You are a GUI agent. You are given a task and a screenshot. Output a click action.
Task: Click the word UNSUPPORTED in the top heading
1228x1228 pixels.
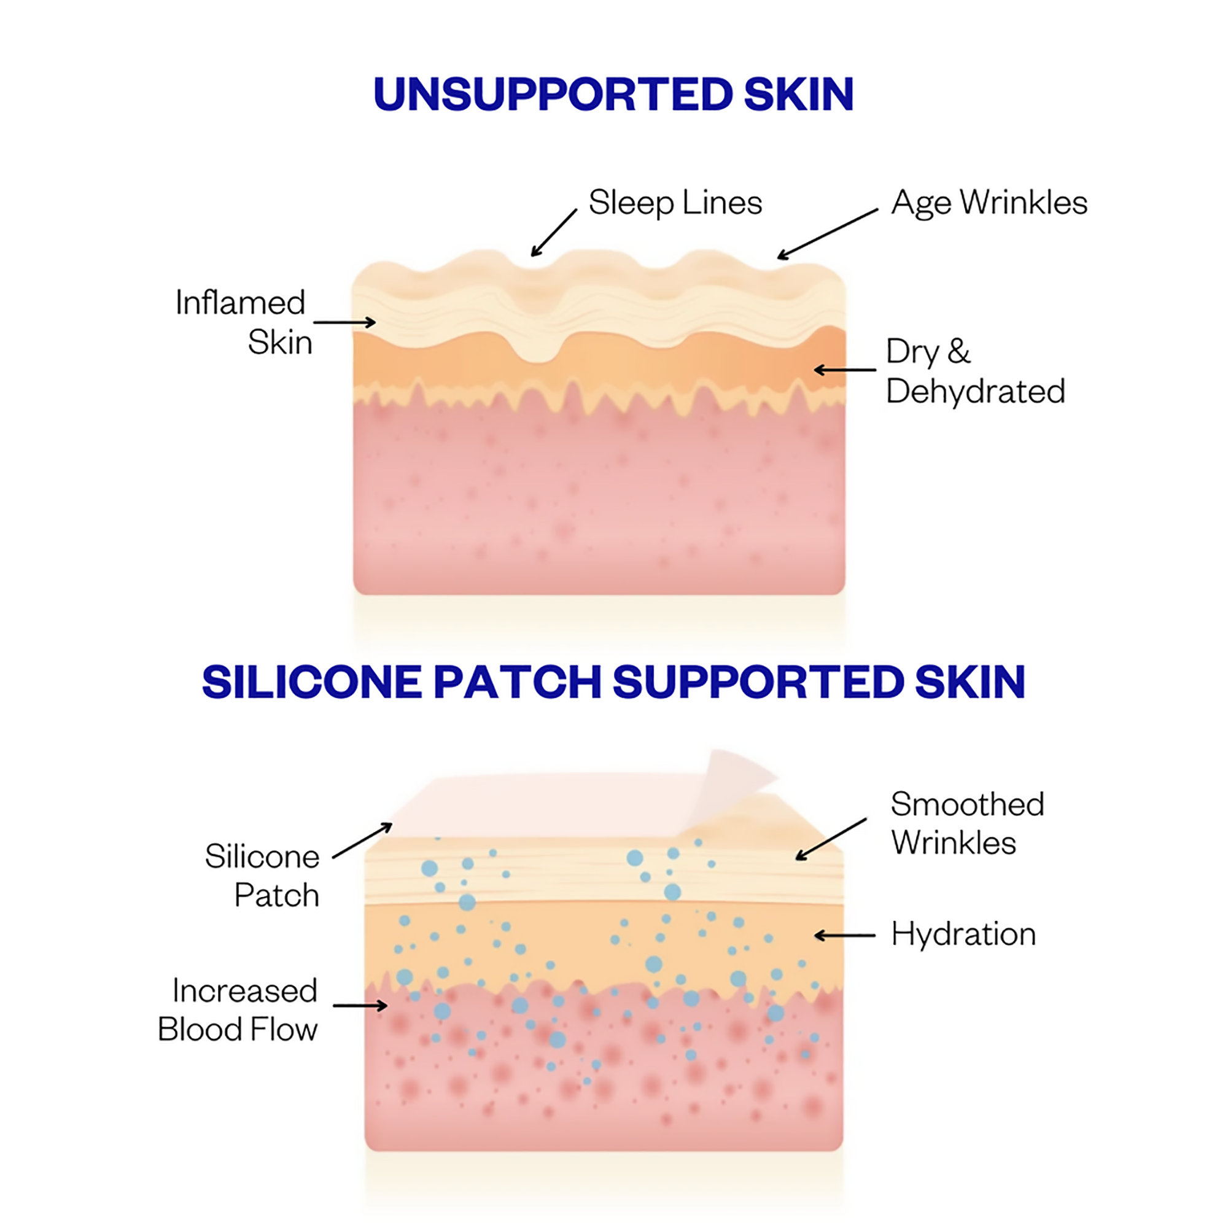[554, 95]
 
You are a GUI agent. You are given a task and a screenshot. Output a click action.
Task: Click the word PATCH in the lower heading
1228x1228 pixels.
[517, 682]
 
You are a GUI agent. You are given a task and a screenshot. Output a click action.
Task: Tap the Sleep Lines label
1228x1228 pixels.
[675, 203]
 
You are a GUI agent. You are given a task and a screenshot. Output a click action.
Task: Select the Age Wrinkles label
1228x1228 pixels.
[989, 203]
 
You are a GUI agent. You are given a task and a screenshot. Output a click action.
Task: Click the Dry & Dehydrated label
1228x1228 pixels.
[975, 371]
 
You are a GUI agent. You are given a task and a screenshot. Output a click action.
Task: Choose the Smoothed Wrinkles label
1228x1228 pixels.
[967, 824]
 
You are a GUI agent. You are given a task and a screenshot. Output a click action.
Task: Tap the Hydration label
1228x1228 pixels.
[963, 935]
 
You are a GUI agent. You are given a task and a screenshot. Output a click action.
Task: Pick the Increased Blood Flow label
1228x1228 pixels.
[239, 1010]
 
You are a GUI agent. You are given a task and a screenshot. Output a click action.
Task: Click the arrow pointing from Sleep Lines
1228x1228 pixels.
[554, 233]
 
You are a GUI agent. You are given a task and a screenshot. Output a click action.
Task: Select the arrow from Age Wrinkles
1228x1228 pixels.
[827, 234]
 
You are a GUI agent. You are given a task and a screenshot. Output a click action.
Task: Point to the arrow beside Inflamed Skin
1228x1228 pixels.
[344, 323]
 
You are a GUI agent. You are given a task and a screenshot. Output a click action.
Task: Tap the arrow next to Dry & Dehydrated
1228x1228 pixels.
[845, 370]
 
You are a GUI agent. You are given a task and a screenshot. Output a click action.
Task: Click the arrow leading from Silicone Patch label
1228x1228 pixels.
[362, 841]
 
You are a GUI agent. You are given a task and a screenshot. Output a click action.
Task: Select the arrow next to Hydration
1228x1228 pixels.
[845, 936]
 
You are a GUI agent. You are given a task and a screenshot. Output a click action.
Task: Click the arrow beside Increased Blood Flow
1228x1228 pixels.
[360, 1006]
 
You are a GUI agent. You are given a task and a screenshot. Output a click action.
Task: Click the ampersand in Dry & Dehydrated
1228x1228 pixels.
[958, 351]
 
